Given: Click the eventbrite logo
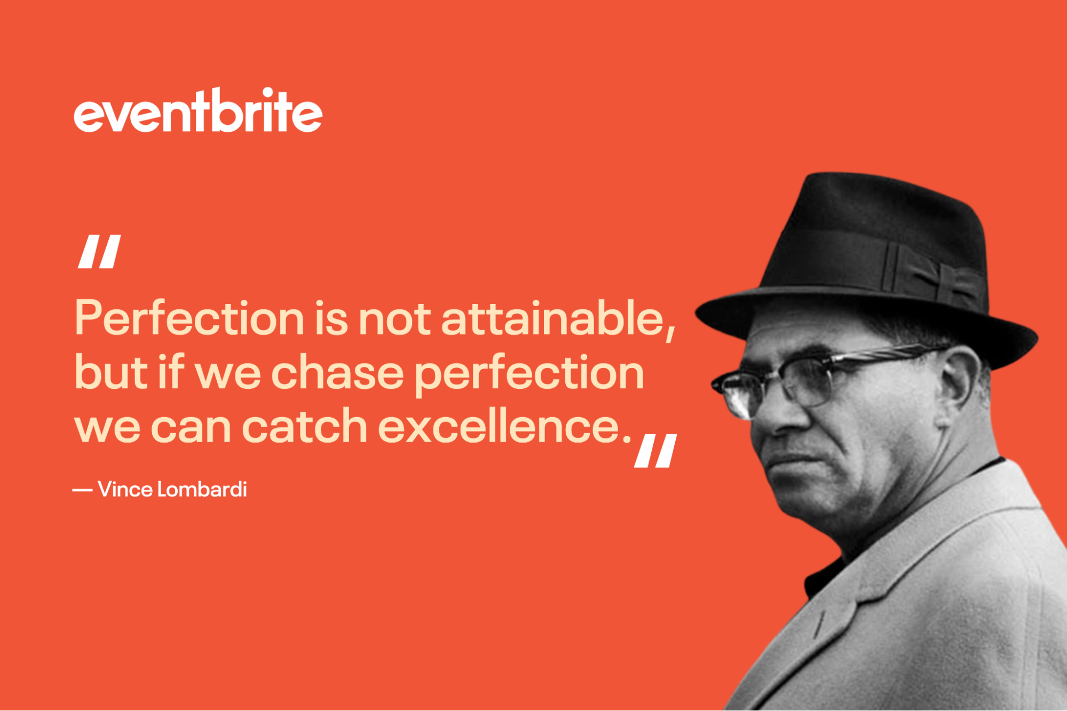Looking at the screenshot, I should point(198,110).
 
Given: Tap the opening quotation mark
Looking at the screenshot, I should point(99,251).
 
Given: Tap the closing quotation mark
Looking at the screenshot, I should point(655,451).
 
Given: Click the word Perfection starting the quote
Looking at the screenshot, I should point(189,318).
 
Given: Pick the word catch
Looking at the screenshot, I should point(304,426).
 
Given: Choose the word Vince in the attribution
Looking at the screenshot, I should point(125,490).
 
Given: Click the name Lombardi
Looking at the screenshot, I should point(202,490).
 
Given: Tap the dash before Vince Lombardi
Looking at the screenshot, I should point(82,490).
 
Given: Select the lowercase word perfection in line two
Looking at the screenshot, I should point(529,373).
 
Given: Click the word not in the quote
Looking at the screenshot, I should point(394,318).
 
